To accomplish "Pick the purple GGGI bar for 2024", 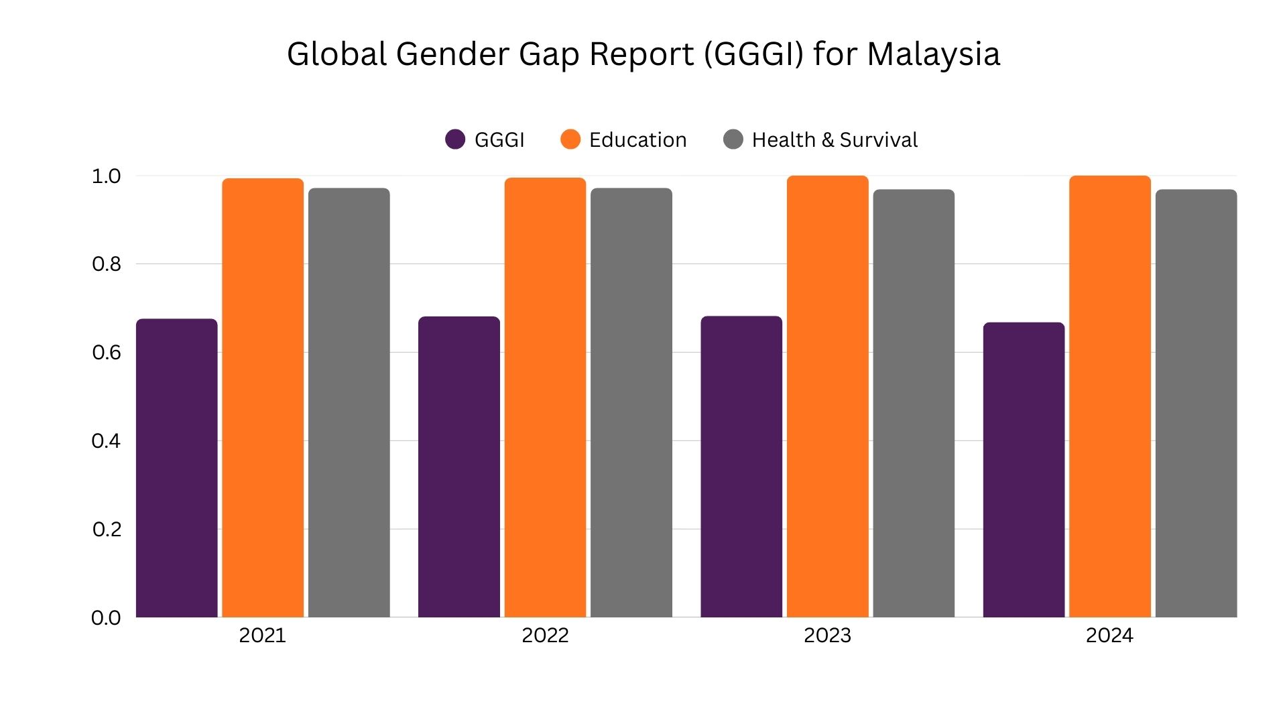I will click(x=1024, y=470).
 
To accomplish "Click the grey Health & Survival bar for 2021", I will click(x=349, y=403).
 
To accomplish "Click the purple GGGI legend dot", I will click(x=455, y=139).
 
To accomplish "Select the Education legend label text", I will click(x=637, y=139).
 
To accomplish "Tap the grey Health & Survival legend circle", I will click(x=733, y=139).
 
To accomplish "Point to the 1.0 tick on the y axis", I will click(x=106, y=176).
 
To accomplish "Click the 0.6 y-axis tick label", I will click(x=106, y=353).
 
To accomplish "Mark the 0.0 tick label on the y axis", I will click(x=106, y=618).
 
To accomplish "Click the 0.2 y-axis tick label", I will click(x=106, y=530).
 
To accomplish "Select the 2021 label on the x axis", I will click(x=262, y=636).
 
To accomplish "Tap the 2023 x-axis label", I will click(x=827, y=636).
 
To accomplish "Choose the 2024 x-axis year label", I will click(x=1109, y=636).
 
